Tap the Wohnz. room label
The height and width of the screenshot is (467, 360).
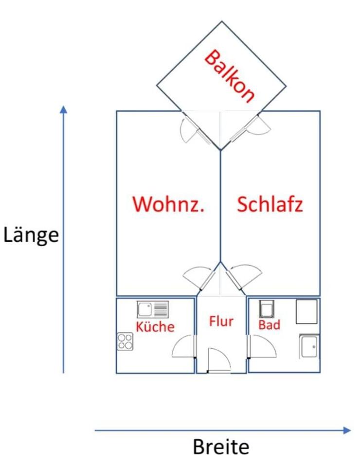pos(168,204)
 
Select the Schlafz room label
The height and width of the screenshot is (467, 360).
pos(270,204)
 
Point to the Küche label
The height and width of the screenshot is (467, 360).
pos(155,326)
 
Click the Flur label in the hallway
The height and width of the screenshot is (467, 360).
pos(221,321)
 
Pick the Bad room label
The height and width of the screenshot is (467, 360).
pos(269,324)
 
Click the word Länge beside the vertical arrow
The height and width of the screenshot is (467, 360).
pos(31,235)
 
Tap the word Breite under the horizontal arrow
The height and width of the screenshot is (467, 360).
pos(221,447)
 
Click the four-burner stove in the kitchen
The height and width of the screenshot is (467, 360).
pos(125,341)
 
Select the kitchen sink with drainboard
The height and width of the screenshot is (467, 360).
pos(153,309)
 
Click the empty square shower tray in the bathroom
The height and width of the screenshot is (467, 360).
pos(306,311)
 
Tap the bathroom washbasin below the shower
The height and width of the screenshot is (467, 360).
pos(309,346)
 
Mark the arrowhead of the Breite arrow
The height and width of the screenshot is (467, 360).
pos(346,430)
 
